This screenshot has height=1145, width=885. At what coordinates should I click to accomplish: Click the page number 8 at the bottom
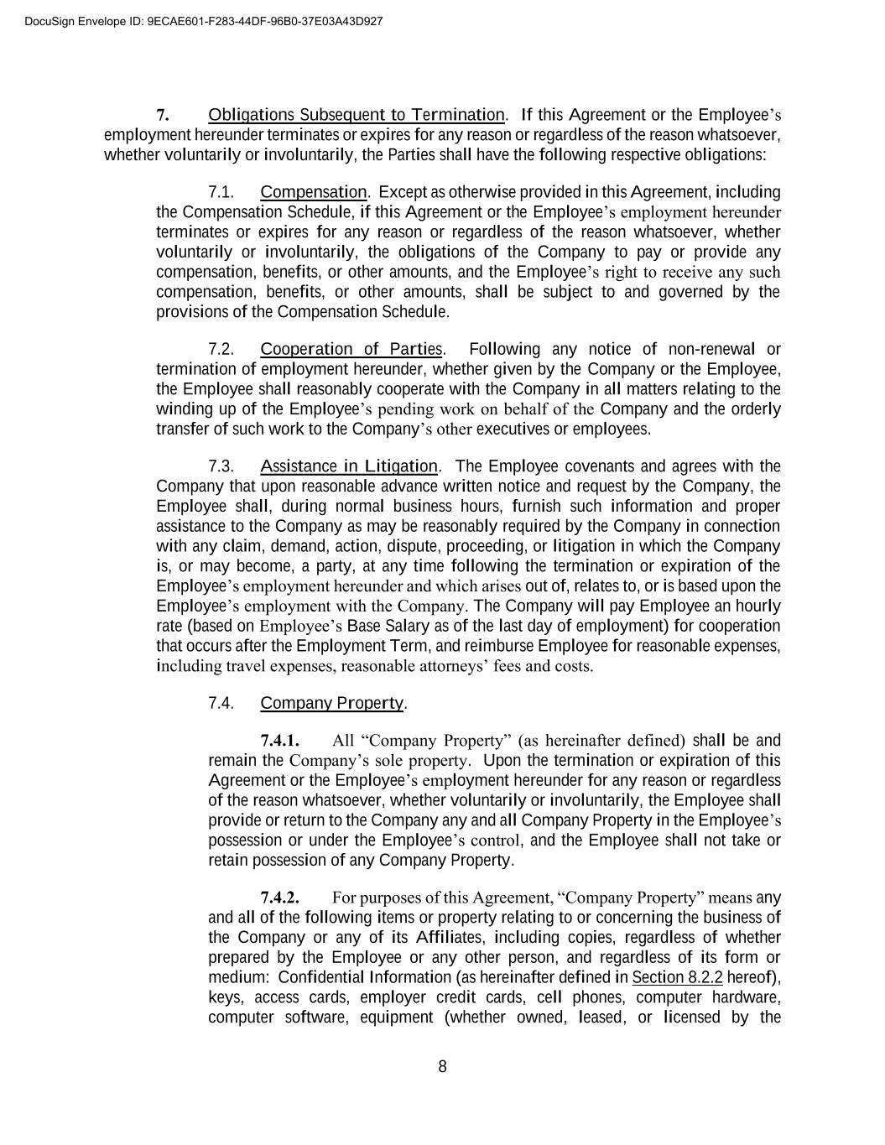pos(443,1067)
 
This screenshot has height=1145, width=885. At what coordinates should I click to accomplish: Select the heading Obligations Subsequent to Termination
pos(357,115)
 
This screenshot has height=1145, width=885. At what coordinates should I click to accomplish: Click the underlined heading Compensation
pos(314,192)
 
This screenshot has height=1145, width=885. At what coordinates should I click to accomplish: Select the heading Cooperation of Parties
pos(351,349)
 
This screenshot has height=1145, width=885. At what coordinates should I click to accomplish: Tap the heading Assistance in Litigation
pos(349,466)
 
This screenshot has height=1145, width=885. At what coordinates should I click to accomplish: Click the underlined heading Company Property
pos(332,703)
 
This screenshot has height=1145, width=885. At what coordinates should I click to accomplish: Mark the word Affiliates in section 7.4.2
pos(460,938)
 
